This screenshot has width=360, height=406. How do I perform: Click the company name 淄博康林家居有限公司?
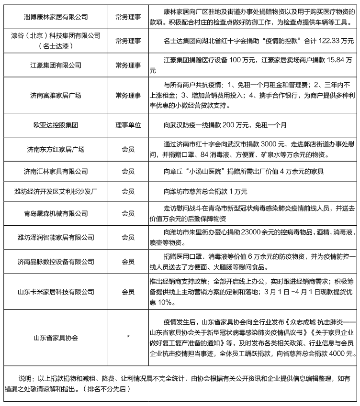pos(56,17)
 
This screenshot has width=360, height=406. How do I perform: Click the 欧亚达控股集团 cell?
pos(56,125)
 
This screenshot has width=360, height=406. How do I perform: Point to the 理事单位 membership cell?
pos(128,125)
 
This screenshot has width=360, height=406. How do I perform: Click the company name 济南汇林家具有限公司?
pos(56,171)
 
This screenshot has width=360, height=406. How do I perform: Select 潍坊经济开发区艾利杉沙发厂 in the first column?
pos(56,192)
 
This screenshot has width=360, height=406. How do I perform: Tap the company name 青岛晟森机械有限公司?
pos(56,213)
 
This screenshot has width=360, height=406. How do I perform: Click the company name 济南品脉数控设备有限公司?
pos(56,262)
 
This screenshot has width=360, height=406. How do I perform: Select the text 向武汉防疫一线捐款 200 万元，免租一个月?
pos(225,125)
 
